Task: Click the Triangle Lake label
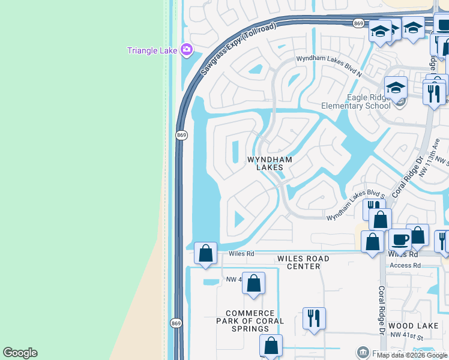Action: tap(152, 50)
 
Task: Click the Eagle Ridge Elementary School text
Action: tap(355, 102)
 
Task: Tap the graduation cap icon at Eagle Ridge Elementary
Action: tap(396, 89)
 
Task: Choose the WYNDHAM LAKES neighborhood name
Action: tap(270, 163)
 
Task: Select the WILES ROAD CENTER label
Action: tap(303, 262)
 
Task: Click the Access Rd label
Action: tap(405, 265)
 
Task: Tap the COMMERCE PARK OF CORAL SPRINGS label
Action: tap(250, 321)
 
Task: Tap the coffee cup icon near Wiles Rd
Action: tap(400, 240)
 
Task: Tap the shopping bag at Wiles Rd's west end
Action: tap(206, 253)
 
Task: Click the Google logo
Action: tap(20, 353)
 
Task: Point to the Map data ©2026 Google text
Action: tap(412, 355)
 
